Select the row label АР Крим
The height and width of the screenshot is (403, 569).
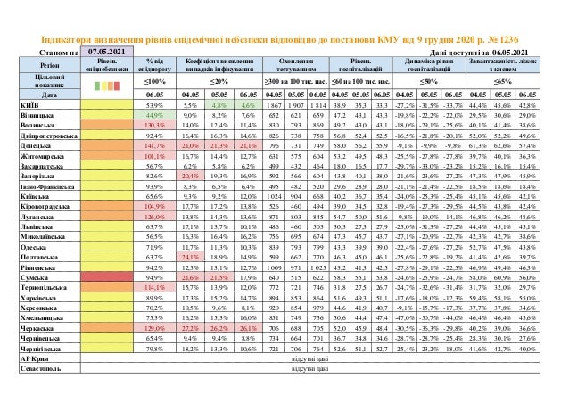(x=31, y=379)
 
